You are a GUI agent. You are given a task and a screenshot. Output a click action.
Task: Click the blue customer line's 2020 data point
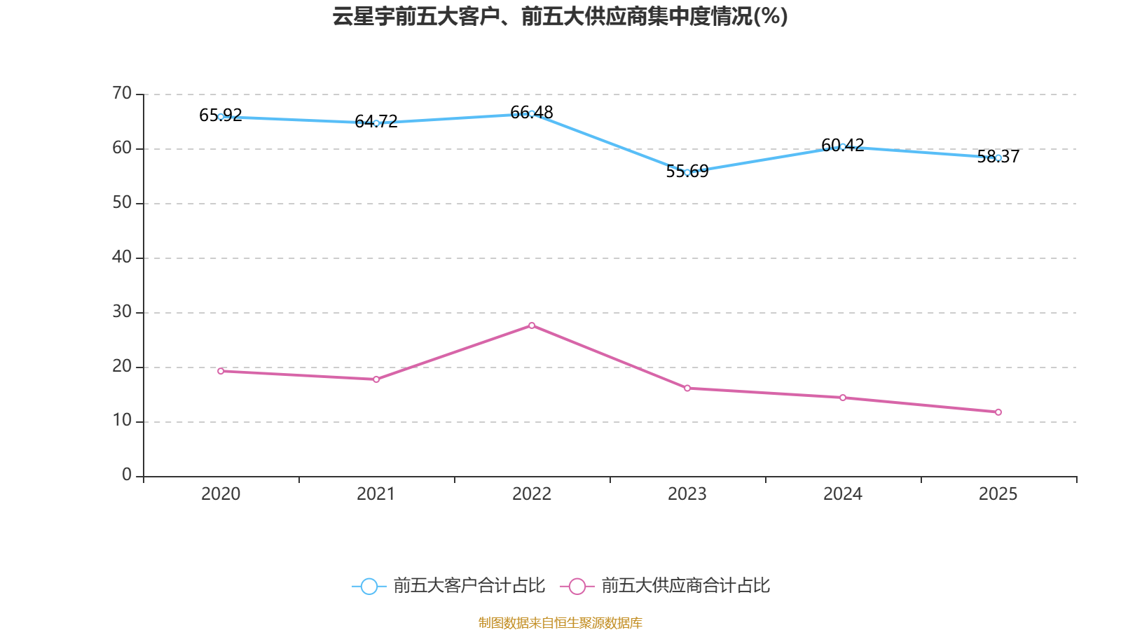tap(221, 117)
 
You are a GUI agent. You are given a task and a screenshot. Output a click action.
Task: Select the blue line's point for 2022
tap(532, 113)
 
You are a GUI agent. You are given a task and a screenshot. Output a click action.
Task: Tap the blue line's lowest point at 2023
tap(687, 172)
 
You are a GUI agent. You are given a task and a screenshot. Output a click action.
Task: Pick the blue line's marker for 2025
tap(998, 158)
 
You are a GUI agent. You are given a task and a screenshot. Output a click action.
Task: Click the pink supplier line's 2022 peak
tap(532, 325)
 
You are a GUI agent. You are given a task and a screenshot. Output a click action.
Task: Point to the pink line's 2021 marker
tap(376, 379)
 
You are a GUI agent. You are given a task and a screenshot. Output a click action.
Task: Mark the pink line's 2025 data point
tap(998, 412)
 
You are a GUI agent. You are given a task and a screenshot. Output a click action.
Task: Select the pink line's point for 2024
tap(843, 398)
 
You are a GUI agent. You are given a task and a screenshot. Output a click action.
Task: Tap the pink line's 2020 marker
tap(221, 371)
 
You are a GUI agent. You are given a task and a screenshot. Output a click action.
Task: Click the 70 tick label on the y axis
tap(122, 93)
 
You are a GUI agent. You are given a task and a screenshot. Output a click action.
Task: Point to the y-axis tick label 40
tap(122, 257)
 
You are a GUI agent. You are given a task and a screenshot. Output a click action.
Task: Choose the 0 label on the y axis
tap(127, 475)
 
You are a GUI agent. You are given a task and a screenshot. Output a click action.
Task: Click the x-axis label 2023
tap(687, 494)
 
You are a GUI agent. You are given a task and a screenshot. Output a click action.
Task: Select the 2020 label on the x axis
tap(221, 494)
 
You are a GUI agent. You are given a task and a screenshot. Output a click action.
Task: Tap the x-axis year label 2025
tap(998, 494)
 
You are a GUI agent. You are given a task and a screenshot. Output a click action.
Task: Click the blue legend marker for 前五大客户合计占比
tap(369, 586)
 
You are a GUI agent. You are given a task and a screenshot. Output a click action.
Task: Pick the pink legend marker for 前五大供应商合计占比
tap(577, 586)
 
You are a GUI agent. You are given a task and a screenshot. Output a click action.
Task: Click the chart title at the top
tap(560, 16)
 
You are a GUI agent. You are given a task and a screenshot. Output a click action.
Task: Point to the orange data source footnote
tap(560, 622)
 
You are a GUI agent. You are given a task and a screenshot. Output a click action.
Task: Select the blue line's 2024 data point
tap(843, 146)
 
